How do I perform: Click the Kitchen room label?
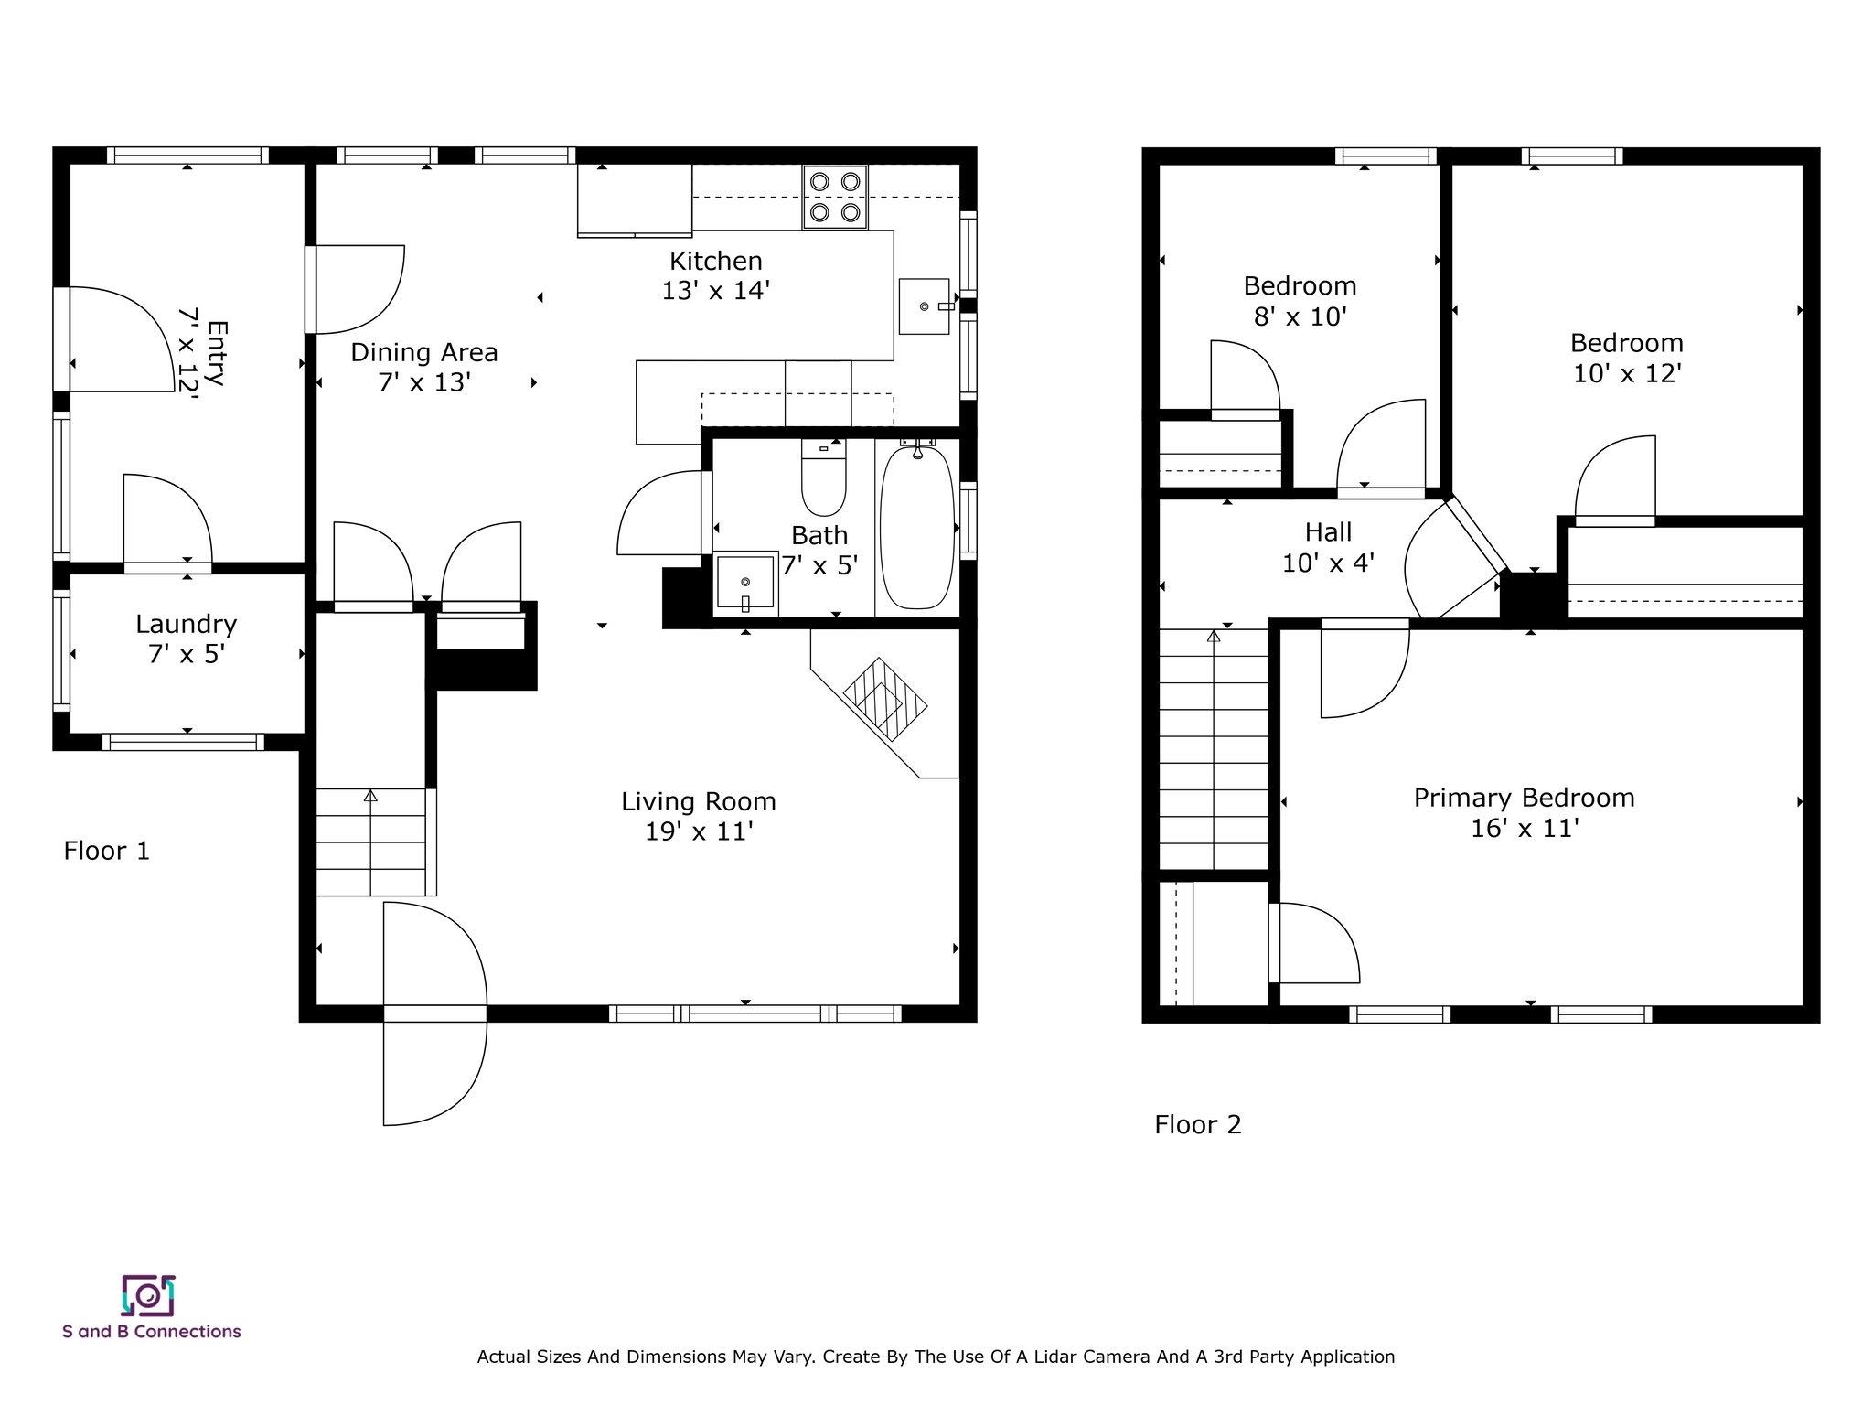715,262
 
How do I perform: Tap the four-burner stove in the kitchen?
835,197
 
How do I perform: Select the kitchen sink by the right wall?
924,306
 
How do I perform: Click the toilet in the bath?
823,480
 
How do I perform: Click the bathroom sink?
745,583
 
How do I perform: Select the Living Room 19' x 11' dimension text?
699,832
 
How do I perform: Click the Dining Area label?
424,352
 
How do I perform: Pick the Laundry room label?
187,625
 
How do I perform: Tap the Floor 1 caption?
106,851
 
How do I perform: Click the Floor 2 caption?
1198,1124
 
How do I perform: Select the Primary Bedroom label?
1524,798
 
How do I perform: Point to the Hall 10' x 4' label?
1328,547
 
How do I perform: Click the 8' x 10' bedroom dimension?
1299,317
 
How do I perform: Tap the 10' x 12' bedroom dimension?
1627,374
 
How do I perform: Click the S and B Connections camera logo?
148,1294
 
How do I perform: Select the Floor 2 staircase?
1214,750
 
